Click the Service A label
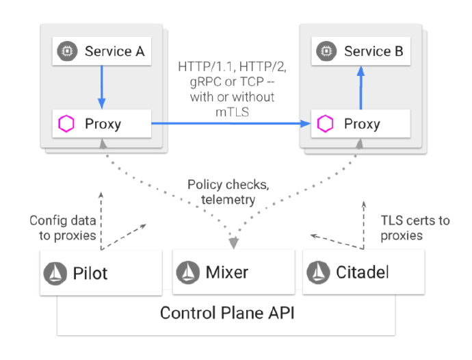[114, 51]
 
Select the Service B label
[373, 51]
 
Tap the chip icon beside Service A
[68, 51]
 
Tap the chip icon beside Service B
[326, 51]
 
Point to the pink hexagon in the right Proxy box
[326, 124]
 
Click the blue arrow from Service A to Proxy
[101, 86]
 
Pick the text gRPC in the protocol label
[193, 82]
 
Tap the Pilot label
[91, 272]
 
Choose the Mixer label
[227, 272]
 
